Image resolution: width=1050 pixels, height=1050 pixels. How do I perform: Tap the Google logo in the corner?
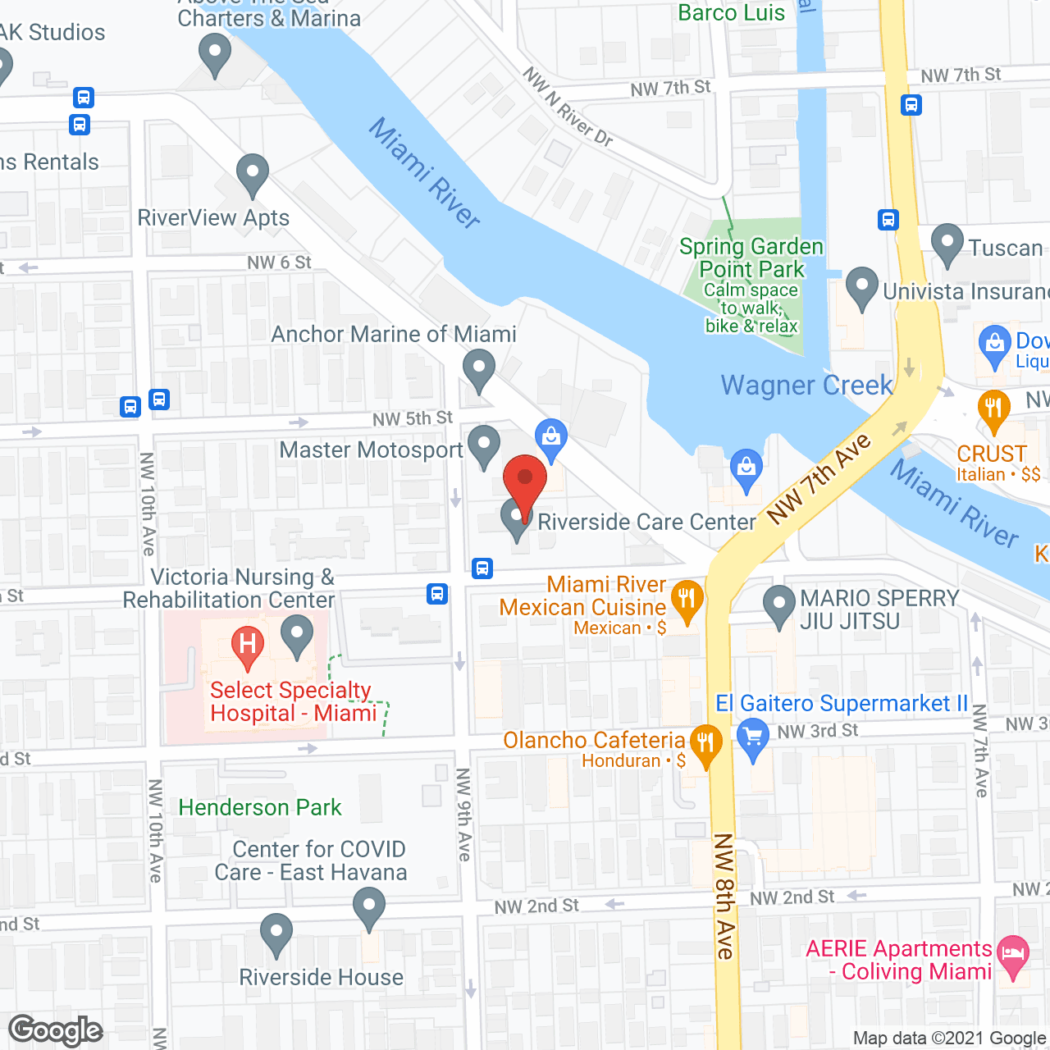point(56,1030)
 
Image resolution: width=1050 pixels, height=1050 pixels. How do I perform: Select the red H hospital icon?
point(247,644)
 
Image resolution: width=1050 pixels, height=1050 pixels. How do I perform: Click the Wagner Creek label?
point(806,386)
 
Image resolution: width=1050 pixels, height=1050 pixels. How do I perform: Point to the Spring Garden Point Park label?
point(751,258)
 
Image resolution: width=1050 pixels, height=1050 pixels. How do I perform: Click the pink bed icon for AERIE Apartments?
point(1014,955)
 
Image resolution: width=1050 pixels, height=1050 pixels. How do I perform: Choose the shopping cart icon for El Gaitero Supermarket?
point(752,735)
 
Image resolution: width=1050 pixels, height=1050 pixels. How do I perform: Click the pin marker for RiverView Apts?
point(253,174)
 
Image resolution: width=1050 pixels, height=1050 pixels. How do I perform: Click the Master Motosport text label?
point(371,450)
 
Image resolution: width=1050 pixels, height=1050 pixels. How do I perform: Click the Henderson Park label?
point(259,808)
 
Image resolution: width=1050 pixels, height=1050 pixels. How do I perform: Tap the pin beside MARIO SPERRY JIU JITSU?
point(778,605)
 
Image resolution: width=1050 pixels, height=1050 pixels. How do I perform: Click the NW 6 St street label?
point(279,262)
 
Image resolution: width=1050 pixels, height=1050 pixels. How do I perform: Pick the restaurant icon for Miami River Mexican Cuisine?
point(687,601)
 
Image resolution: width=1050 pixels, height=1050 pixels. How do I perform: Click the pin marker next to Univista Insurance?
point(862,286)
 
